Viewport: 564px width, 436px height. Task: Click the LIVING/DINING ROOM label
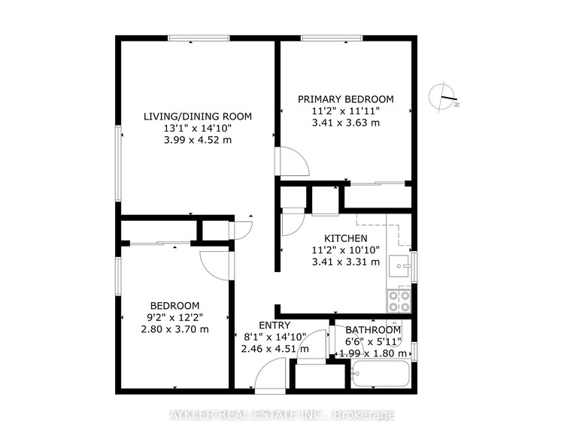pos(198,117)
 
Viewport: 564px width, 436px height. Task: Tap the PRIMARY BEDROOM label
pos(346,99)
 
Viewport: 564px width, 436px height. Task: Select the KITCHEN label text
pos(346,238)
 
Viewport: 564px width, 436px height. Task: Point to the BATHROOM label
pos(373,330)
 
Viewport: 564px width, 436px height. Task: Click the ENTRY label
pos(274,325)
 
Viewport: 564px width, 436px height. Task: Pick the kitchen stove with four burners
pos(399,301)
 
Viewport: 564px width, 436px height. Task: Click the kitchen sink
pos(399,266)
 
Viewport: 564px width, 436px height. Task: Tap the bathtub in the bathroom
pos(381,374)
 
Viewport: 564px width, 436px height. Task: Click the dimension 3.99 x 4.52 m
pos(198,140)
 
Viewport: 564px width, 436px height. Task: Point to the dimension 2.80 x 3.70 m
pos(174,329)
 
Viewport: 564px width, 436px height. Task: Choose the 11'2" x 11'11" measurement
pos(346,111)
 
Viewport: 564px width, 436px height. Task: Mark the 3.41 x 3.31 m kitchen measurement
pos(346,262)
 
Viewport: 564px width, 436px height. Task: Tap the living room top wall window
pos(199,38)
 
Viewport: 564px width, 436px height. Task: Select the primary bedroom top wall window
pos(332,38)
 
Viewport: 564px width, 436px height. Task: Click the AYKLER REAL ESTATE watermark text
pos(282,415)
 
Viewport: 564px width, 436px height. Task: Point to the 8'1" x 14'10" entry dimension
pos(274,337)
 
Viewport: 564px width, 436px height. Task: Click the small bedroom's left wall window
pos(118,276)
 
